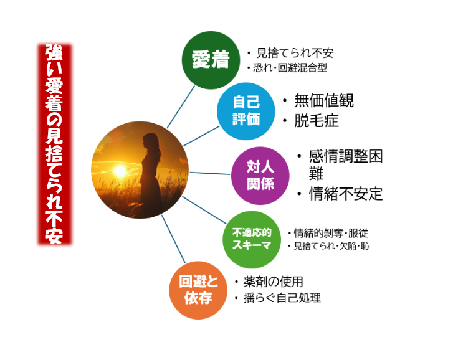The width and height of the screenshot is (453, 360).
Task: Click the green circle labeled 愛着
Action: [x=211, y=60]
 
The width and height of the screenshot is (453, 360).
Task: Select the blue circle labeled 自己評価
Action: [x=246, y=111]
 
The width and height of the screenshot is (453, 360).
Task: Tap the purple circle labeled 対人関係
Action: [x=260, y=176]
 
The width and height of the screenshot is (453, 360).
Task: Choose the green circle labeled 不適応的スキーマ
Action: [x=252, y=240]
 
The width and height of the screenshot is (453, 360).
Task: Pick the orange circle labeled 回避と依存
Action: [x=198, y=290]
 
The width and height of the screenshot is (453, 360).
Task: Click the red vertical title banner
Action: [x=55, y=144]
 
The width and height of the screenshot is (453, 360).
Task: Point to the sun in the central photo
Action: [x=120, y=171]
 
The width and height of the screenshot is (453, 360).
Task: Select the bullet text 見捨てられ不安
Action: [x=295, y=53]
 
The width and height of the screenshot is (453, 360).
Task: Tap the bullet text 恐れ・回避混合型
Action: [x=290, y=68]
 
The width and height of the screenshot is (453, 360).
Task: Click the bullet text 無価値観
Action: [x=324, y=100]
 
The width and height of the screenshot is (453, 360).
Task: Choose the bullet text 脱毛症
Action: [x=317, y=121]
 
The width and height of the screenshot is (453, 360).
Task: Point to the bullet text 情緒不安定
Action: [x=346, y=194]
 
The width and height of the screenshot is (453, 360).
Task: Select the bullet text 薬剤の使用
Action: [x=274, y=282]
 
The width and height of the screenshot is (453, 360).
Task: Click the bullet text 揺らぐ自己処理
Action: [x=282, y=298]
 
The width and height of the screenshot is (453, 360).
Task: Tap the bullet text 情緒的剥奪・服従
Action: [x=331, y=233]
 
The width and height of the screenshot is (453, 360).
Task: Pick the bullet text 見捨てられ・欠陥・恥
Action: [x=331, y=246]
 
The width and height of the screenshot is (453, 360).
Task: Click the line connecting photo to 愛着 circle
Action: [x=181, y=107]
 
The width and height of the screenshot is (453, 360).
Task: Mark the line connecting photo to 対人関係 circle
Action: [x=210, y=173]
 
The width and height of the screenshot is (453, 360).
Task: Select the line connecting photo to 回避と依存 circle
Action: [x=173, y=239]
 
